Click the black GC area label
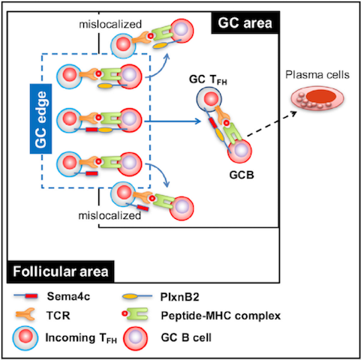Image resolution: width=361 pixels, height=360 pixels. point(245,22)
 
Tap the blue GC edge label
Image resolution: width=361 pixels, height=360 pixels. point(41,118)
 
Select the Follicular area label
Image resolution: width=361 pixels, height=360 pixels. point(61,271)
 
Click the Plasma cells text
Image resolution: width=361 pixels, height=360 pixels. point(317,75)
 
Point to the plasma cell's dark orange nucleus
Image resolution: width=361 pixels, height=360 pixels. point(321,96)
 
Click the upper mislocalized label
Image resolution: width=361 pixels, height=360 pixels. point(110,24)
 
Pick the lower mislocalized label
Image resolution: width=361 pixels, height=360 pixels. point(110,215)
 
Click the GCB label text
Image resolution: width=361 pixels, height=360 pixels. point(242,175)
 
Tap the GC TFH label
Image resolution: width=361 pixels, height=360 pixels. point(208,79)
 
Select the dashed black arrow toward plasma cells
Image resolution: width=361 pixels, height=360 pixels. point(272,124)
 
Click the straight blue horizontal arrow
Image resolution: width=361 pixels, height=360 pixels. point(173,121)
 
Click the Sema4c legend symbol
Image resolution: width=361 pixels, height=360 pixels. point(26,296)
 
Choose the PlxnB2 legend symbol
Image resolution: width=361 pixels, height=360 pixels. point(137,297)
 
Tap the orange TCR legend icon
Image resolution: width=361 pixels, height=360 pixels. point(26,314)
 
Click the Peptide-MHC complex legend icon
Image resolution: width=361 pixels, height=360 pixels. point(135,314)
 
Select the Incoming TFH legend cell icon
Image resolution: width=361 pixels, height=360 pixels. point(26,338)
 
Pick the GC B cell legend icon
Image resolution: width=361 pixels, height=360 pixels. point(135,338)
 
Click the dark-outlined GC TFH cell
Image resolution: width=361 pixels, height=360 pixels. point(209,99)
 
